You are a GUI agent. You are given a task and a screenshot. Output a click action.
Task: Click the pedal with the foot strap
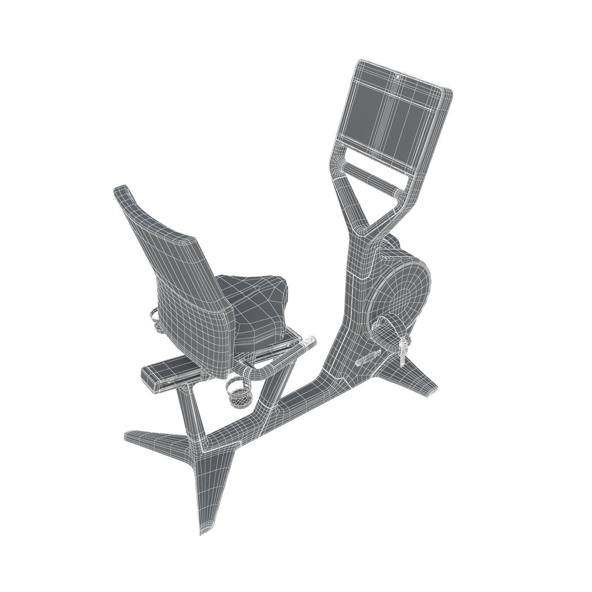pyautogui.click(x=388, y=326)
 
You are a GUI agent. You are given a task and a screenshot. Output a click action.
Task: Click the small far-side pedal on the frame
pyautogui.click(x=366, y=358)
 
